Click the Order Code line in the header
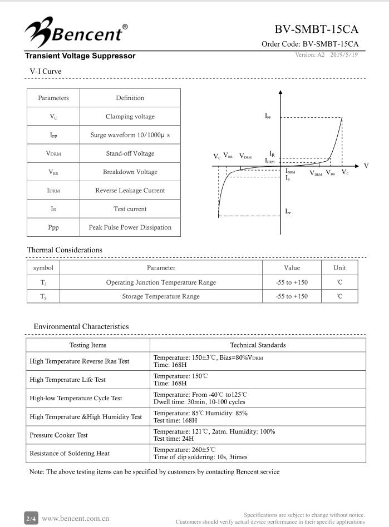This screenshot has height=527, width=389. [310, 44]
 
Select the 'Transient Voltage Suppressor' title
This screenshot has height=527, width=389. [80, 56]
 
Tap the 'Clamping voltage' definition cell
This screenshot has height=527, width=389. [130, 117]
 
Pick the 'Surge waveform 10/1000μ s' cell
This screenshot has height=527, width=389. [130, 135]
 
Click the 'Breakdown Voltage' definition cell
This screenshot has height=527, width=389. [130, 172]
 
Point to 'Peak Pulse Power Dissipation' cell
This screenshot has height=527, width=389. [130, 227]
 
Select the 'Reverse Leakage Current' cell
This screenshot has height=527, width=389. [130, 191]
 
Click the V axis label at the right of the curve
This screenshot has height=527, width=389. [366, 166]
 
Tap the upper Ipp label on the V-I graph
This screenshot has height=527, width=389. [268, 116]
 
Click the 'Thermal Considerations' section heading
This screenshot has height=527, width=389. [65, 250]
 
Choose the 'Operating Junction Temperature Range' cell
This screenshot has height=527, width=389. [161, 282]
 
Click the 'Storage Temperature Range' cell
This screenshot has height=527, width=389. [161, 296]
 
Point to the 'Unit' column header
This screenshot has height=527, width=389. [339, 268]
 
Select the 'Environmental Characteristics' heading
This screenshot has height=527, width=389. [81, 327]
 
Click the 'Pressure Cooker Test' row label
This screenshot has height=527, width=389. [59, 435]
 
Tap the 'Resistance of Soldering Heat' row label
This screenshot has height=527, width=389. [70, 454]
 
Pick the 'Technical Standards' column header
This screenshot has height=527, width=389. [258, 345]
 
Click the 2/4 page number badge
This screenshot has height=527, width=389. [31, 519]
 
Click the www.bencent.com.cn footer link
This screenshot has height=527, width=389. [76, 519]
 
